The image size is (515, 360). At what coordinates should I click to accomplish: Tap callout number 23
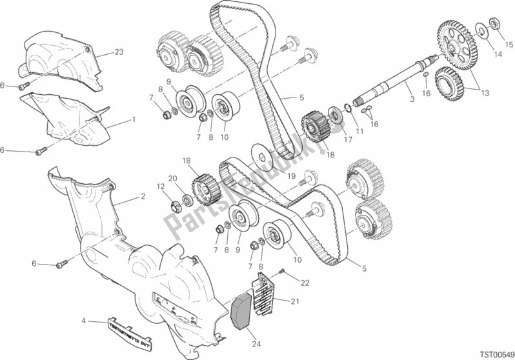(x=118, y=52)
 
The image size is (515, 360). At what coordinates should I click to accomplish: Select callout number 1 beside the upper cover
(x=133, y=119)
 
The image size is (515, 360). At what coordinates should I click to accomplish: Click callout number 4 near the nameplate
(x=84, y=321)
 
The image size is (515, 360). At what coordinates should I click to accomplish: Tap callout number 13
(x=484, y=92)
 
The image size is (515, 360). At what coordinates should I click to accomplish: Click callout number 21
(x=295, y=301)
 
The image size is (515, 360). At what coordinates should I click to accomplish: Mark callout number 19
(x=292, y=175)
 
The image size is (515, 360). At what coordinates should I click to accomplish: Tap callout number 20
(x=172, y=179)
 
